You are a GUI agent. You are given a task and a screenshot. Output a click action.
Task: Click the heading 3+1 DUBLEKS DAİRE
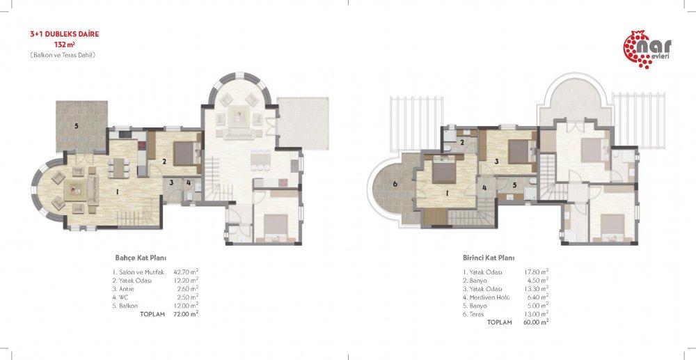pos(64,34)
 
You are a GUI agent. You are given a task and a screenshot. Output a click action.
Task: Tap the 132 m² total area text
pos(64,45)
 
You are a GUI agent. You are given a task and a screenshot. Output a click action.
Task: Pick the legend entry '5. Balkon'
pos(125,306)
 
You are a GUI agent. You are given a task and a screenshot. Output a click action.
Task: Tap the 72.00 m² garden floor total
pos(186,314)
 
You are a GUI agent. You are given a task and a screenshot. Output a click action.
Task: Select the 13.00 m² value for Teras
pos(536,314)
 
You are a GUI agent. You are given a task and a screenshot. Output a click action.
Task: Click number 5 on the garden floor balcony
pos(77,126)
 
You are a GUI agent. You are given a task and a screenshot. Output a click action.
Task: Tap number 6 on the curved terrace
pos(395,184)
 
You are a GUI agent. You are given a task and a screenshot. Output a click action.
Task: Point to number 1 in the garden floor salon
pos(117,192)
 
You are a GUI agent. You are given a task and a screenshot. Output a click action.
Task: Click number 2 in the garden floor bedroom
pos(164,162)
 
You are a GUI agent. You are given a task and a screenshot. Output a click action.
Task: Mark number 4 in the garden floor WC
pos(189,182)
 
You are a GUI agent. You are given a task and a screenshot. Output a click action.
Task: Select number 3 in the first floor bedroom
pos(497,162)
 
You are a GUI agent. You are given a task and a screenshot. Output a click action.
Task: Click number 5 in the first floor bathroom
pos(514,185)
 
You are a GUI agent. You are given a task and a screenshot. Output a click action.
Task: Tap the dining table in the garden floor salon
pos(117,168)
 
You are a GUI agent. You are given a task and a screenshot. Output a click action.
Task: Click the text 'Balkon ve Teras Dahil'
pos(63,56)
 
